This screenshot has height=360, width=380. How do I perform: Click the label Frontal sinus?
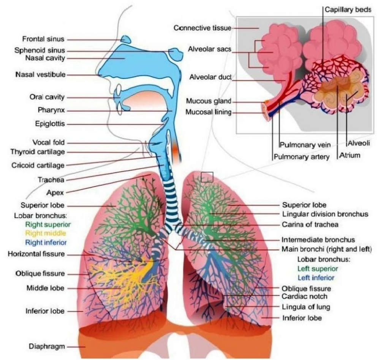click(x=43, y=39)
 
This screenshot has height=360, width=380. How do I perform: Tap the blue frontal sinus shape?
click(x=126, y=39)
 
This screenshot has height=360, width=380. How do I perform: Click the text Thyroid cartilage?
click(x=38, y=152)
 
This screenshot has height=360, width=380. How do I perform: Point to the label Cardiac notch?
click(x=304, y=296)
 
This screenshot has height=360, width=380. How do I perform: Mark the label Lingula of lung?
click(x=306, y=307)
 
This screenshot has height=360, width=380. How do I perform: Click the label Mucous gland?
click(x=209, y=101)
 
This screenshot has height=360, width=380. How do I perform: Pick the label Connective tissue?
click(x=202, y=28)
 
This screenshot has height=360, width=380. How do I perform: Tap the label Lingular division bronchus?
click(x=325, y=214)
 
